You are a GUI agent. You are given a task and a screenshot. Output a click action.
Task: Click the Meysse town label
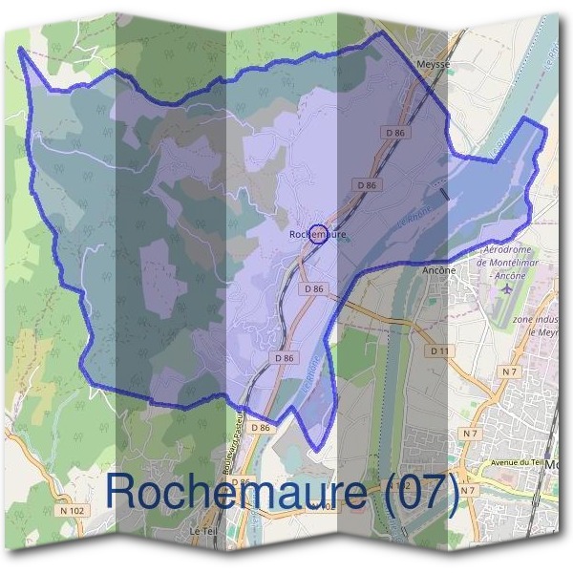pos(433,63)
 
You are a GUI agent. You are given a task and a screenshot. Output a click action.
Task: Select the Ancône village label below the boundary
pos(437,270)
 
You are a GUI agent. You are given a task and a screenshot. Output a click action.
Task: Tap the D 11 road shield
pos(439,351)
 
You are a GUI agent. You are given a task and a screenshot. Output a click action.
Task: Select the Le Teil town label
pos(202,530)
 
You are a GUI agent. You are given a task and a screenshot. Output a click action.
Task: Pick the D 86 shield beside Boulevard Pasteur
pos(261,429)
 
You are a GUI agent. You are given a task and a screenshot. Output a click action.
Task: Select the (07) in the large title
pos(418,491)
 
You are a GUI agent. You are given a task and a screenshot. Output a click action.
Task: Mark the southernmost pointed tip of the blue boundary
pos(312,450)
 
